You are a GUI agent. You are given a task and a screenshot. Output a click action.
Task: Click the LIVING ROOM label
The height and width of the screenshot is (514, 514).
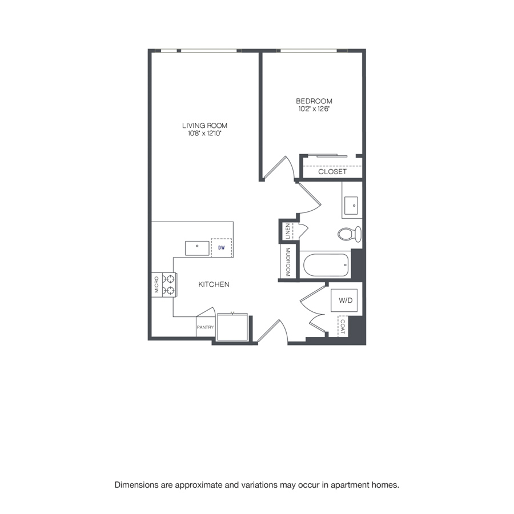(204, 126)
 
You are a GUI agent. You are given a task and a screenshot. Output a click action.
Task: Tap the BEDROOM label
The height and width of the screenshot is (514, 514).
(314, 101)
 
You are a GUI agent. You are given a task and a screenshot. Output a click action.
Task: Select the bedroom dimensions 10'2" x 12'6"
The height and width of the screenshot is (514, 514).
(314, 109)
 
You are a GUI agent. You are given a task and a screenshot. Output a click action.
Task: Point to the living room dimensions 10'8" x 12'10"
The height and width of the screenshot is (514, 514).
(204, 134)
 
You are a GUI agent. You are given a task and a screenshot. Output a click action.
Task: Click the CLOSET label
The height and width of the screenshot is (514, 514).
(332, 172)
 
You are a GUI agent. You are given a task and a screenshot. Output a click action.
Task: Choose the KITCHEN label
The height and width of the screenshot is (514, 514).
(214, 284)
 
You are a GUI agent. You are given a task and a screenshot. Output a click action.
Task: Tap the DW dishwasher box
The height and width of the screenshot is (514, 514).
(222, 247)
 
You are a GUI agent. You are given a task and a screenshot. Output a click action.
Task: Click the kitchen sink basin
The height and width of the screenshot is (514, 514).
(197, 248)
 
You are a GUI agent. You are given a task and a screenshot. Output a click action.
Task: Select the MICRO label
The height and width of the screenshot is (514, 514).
(156, 284)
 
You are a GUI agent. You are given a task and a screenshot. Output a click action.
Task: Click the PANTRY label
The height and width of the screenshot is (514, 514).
(205, 327)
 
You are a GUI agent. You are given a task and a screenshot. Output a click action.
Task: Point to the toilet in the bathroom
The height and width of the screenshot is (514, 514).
(350, 234)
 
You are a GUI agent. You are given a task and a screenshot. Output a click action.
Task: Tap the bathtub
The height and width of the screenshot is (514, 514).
(326, 265)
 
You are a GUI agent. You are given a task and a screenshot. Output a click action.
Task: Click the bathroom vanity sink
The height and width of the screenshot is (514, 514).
(351, 206)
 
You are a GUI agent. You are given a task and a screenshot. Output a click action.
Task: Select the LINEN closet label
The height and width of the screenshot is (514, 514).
(287, 231)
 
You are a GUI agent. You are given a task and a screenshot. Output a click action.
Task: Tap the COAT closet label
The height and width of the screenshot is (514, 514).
(343, 327)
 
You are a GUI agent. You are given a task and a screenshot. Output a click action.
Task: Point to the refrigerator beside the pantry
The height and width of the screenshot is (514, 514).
(232, 327)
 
